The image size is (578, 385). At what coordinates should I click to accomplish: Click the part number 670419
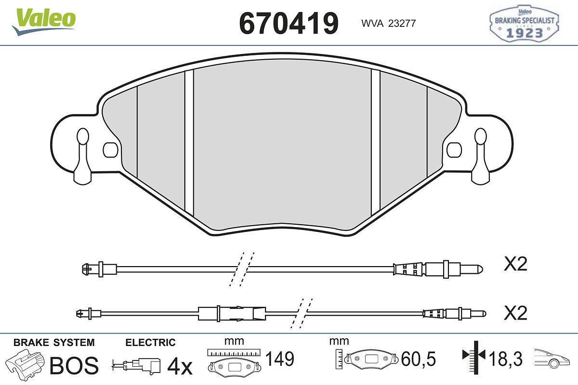click(289, 23)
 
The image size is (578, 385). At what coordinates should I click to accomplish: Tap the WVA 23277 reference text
click(389, 24)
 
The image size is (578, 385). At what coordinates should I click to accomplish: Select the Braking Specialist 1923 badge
click(525, 24)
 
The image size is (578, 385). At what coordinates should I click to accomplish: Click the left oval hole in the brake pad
click(110, 150)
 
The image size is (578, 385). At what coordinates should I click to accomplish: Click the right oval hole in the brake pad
click(454, 150)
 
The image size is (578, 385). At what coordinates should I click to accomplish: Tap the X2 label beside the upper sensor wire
click(515, 264)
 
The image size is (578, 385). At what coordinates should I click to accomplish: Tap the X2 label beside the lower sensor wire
click(515, 313)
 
